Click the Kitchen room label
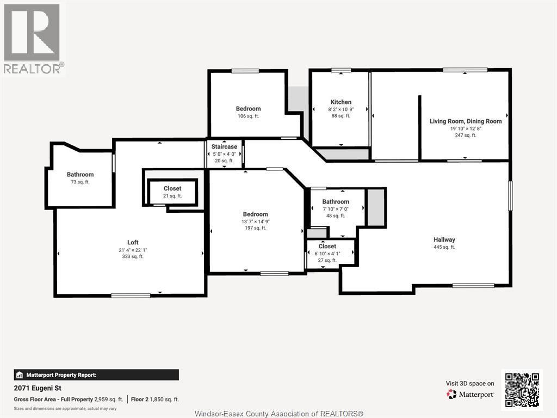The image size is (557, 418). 341,102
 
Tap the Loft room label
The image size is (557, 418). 133,242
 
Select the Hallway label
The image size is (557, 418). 444,239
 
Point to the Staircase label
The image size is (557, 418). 224,146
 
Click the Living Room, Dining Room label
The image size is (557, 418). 466,121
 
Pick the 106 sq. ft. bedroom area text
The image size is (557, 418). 248,116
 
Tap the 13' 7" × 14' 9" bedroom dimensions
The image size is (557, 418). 256,222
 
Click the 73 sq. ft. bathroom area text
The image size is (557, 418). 80,182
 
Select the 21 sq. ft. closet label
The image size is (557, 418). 172,195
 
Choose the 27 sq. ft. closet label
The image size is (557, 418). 327,260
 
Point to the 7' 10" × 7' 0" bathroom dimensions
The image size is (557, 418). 335,209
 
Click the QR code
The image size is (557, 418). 522,390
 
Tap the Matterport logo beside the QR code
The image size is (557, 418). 471,394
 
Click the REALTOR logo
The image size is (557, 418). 32,39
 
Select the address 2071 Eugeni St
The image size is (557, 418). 38,388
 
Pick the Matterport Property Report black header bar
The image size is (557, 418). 96,375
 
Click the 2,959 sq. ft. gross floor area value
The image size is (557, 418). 109,399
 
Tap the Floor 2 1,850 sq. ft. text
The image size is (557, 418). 155,399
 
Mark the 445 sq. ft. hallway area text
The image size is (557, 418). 444,247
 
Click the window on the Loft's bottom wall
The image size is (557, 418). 131,296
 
